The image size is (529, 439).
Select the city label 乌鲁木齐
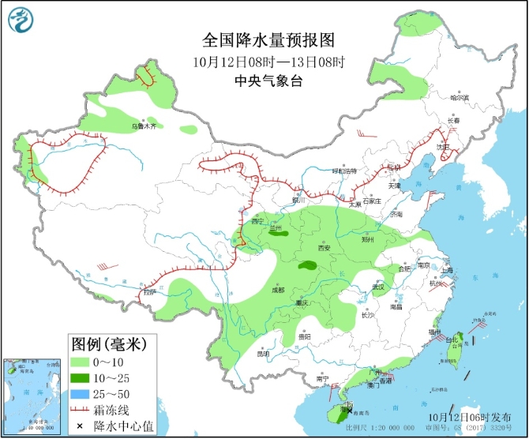tap(144, 126)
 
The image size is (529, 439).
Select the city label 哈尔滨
tap(459, 98)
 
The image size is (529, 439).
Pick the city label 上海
tap(448, 270)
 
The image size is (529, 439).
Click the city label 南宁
tap(321, 379)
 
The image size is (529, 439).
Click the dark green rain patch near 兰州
tap(277, 233)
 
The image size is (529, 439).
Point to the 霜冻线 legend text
tap(118, 410)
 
